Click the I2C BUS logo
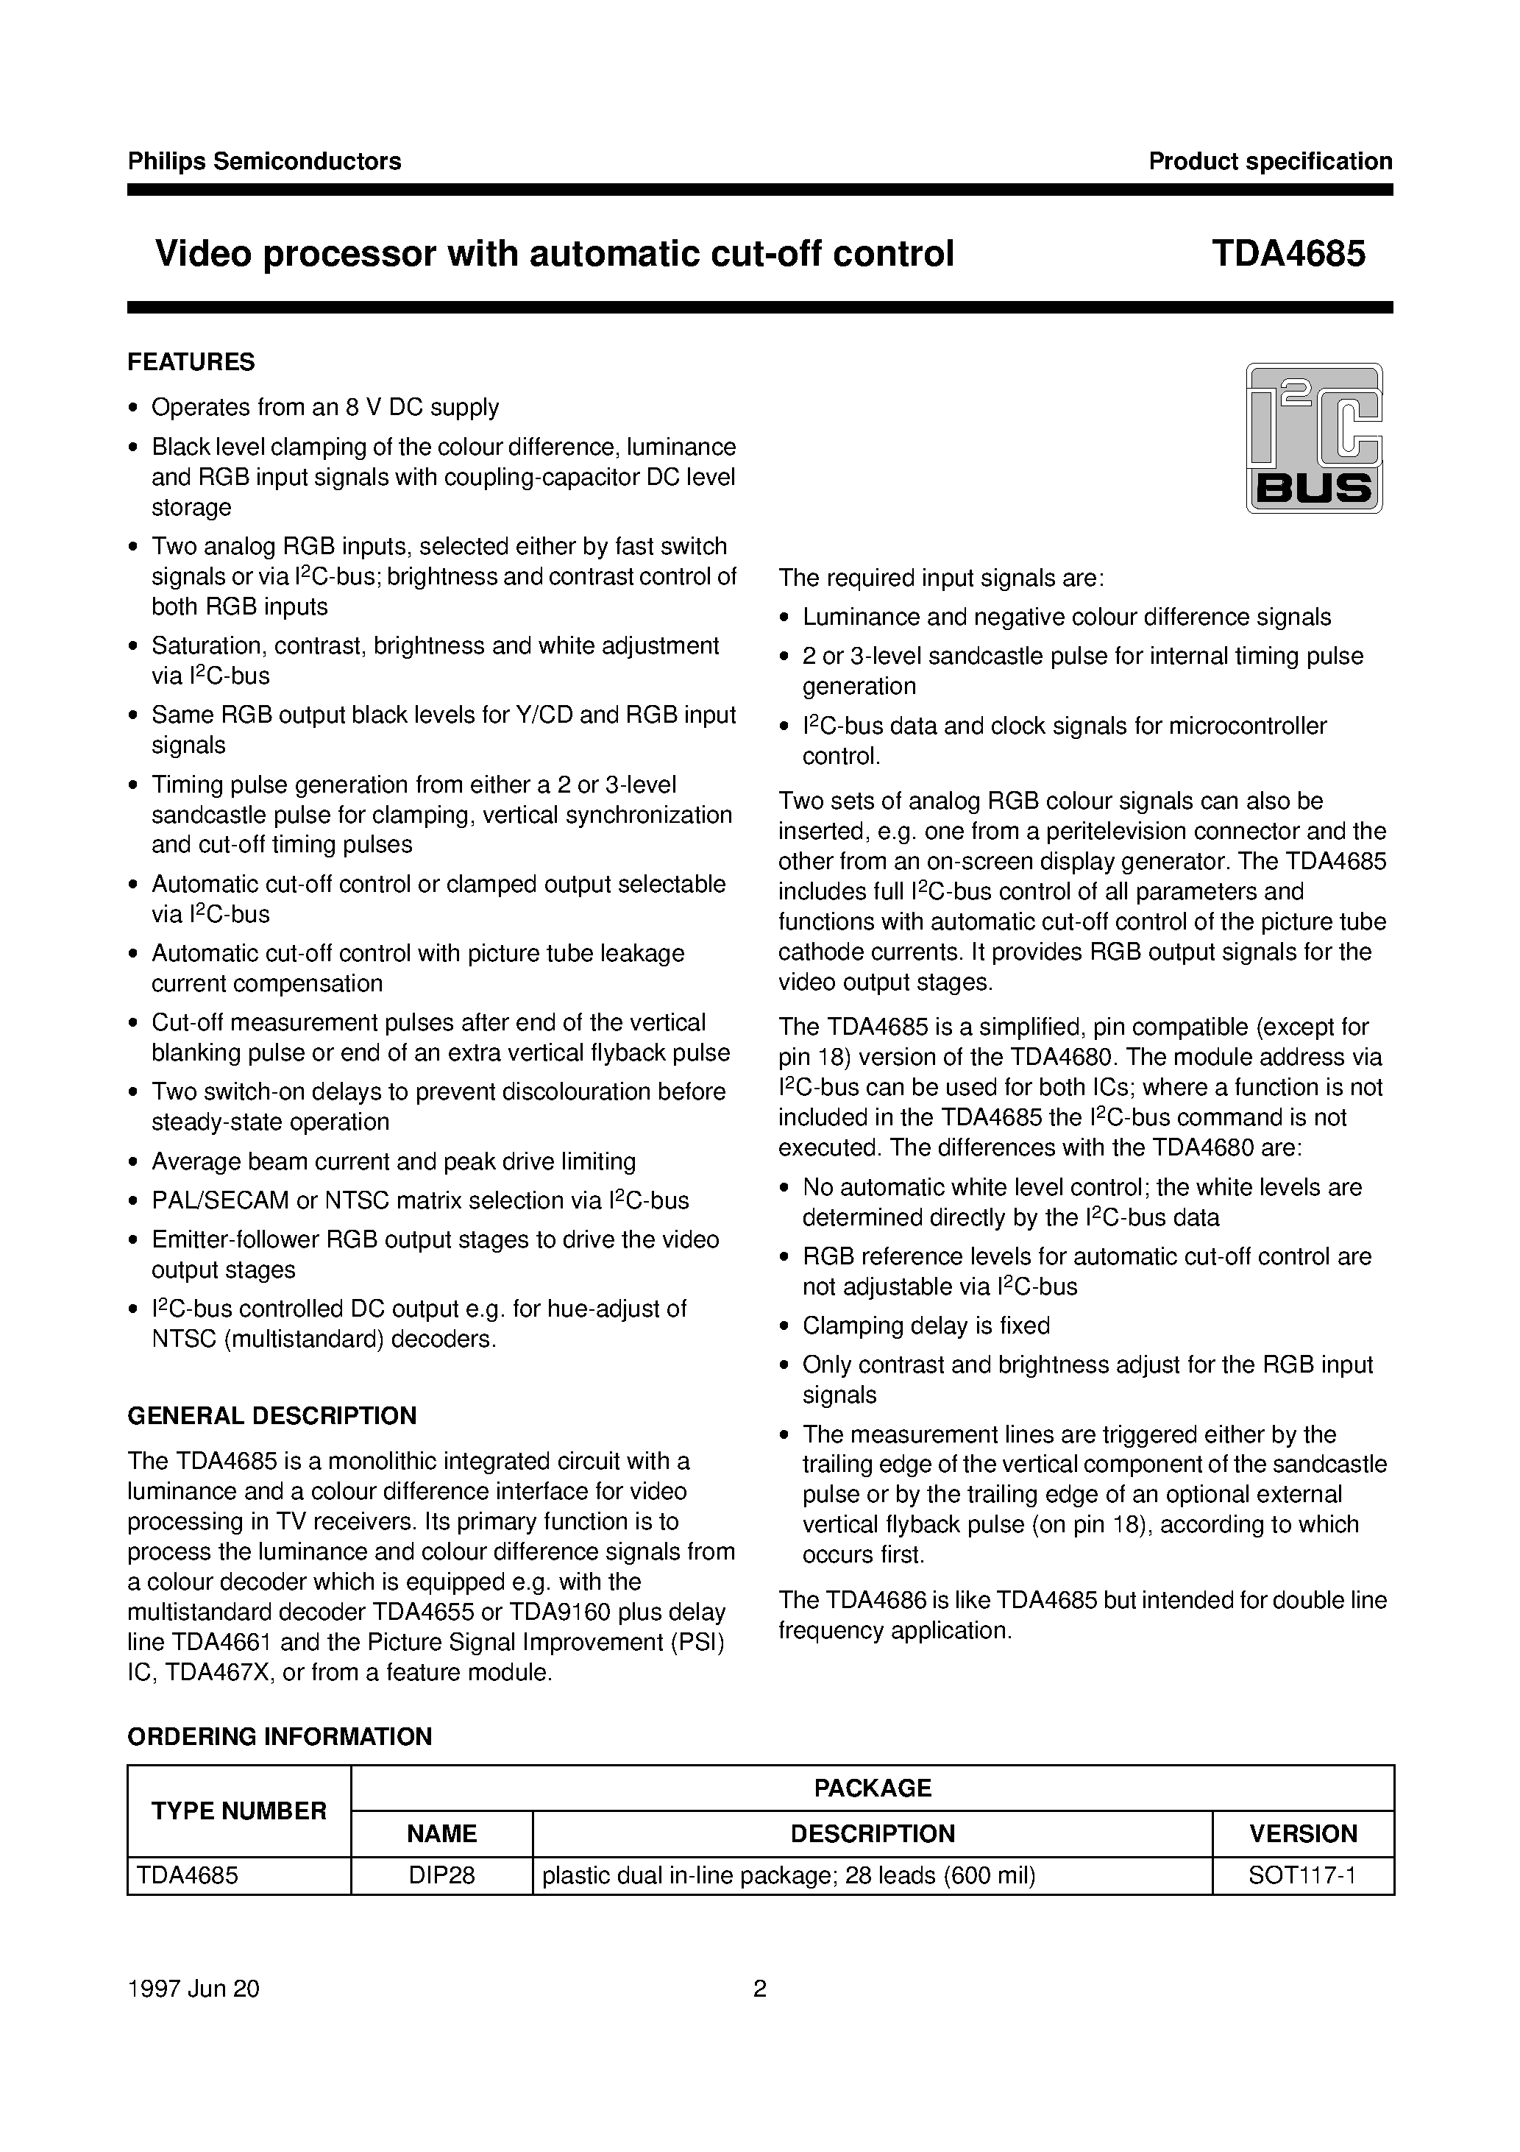[x=1314, y=438]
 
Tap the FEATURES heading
[x=191, y=362]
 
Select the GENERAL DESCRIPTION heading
[x=271, y=1415]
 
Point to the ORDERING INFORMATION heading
[x=280, y=1737]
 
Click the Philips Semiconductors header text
[x=264, y=161]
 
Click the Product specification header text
[x=1270, y=161]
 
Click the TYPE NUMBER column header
[x=239, y=1811]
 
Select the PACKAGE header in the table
[x=872, y=1788]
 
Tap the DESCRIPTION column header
[x=872, y=1833]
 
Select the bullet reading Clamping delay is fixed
[x=926, y=1325]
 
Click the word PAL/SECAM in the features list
[x=221, y=1200]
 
